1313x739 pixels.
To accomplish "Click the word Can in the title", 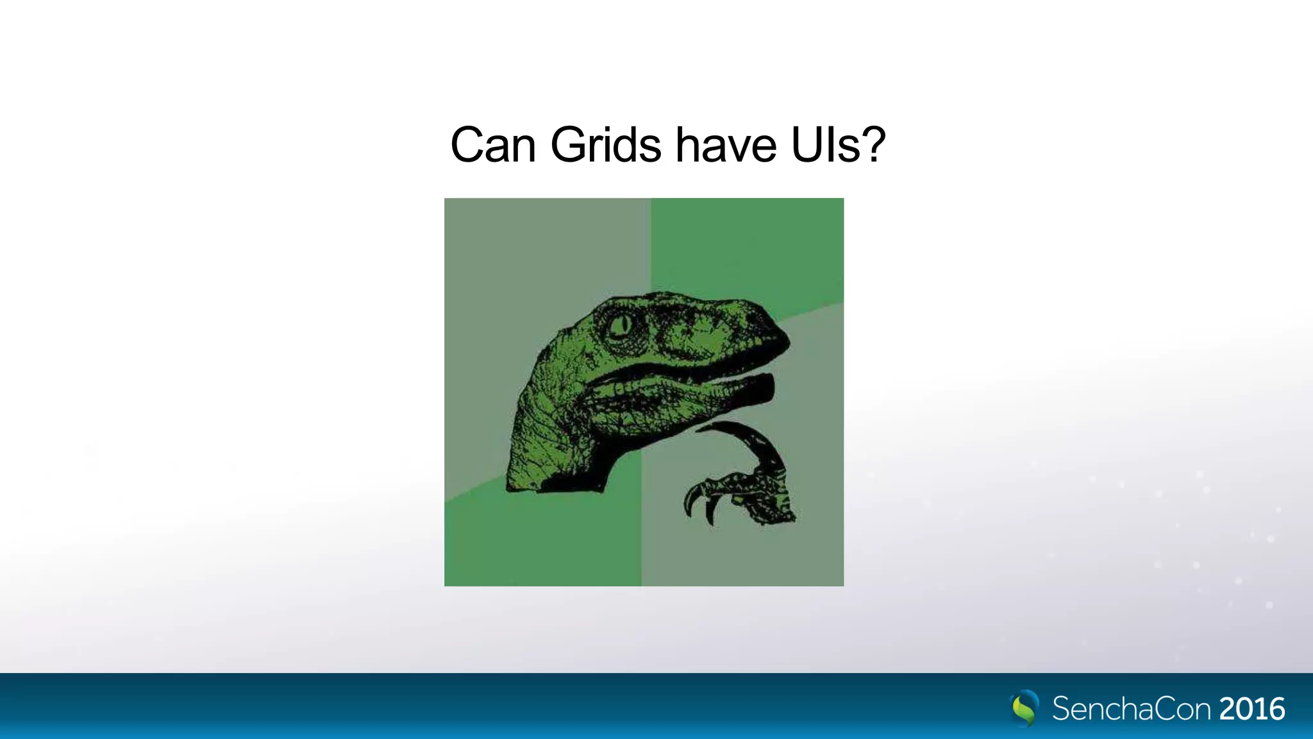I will [x=493, y=146].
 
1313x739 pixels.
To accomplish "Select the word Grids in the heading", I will [x=605, y=146].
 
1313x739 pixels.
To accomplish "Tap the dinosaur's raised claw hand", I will [x=744, y=494].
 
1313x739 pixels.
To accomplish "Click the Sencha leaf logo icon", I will [x=1024, y=708].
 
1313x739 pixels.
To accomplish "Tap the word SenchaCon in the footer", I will [x=1132, y=709].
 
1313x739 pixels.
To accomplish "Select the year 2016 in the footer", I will [x=1252, y=709].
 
